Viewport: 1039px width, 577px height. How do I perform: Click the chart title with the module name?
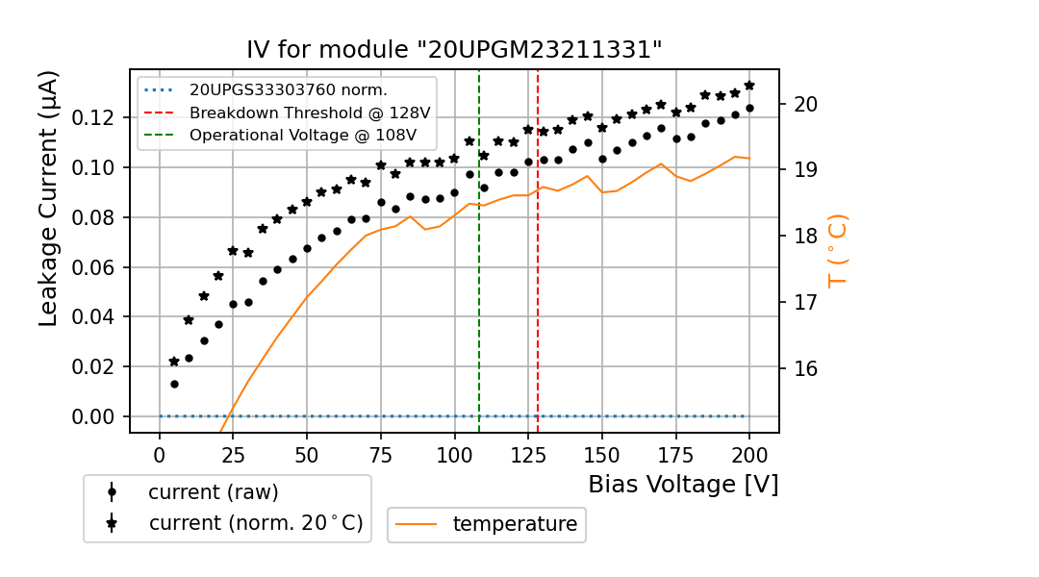click(x=454, y=50)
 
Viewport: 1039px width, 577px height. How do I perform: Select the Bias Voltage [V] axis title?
click(x=683, y=485)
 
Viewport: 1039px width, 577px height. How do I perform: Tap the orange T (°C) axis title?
click(x=838, y=250)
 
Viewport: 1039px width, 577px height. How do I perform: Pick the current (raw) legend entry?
click(x=213, y=492)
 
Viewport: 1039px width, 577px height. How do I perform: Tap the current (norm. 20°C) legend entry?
click(x=256, y=523)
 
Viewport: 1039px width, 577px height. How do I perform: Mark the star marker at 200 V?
click(x=749, y=86)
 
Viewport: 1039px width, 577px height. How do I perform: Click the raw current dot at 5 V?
click(x=174, y=384)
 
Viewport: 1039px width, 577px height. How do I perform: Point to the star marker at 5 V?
click(x=174, y=362)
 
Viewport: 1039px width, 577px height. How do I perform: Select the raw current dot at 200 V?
click(x=749, y=108)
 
